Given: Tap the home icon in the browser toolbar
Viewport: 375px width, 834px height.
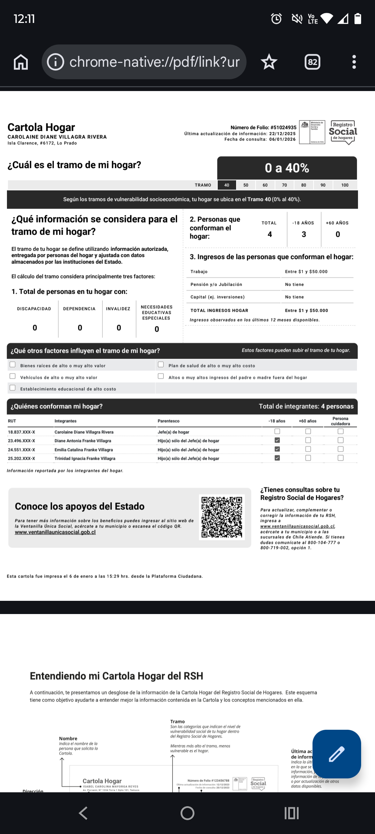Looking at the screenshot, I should point(21,62).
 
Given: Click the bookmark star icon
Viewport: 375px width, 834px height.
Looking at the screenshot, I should point(269,62).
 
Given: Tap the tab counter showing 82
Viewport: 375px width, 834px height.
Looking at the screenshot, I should point(312,62).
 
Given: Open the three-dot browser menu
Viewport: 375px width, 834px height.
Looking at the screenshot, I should point(354,62).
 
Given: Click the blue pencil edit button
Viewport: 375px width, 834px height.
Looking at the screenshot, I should point(336,754).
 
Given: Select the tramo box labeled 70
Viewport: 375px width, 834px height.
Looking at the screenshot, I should point(284,185).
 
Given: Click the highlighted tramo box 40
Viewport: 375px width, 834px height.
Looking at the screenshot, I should point(227,185).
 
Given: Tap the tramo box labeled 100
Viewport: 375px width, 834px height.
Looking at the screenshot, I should point(345,185).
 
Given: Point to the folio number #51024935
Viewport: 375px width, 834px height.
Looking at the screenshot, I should point(283,128).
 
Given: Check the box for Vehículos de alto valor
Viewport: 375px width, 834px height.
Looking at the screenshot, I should point(13,376).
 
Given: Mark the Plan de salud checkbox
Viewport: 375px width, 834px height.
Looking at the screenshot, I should point(161,365).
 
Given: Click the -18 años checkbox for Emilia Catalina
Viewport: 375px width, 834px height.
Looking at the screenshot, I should point(277,449).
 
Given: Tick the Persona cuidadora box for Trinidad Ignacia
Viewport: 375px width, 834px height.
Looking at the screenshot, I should point(341,458).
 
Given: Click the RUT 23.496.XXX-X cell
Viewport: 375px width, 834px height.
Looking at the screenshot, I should point(22,441).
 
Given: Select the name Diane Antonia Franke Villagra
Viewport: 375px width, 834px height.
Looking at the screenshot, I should point(83,441).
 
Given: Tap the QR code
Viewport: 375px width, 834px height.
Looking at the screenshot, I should point(222,517).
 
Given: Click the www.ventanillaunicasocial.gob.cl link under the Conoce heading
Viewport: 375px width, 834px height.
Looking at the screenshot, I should point(55,532).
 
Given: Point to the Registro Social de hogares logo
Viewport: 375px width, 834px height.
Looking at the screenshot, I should point(343,132).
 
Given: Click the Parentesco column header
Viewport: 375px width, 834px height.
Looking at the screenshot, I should point(168,421).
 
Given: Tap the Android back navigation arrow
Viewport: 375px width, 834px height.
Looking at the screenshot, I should point(83,813).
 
